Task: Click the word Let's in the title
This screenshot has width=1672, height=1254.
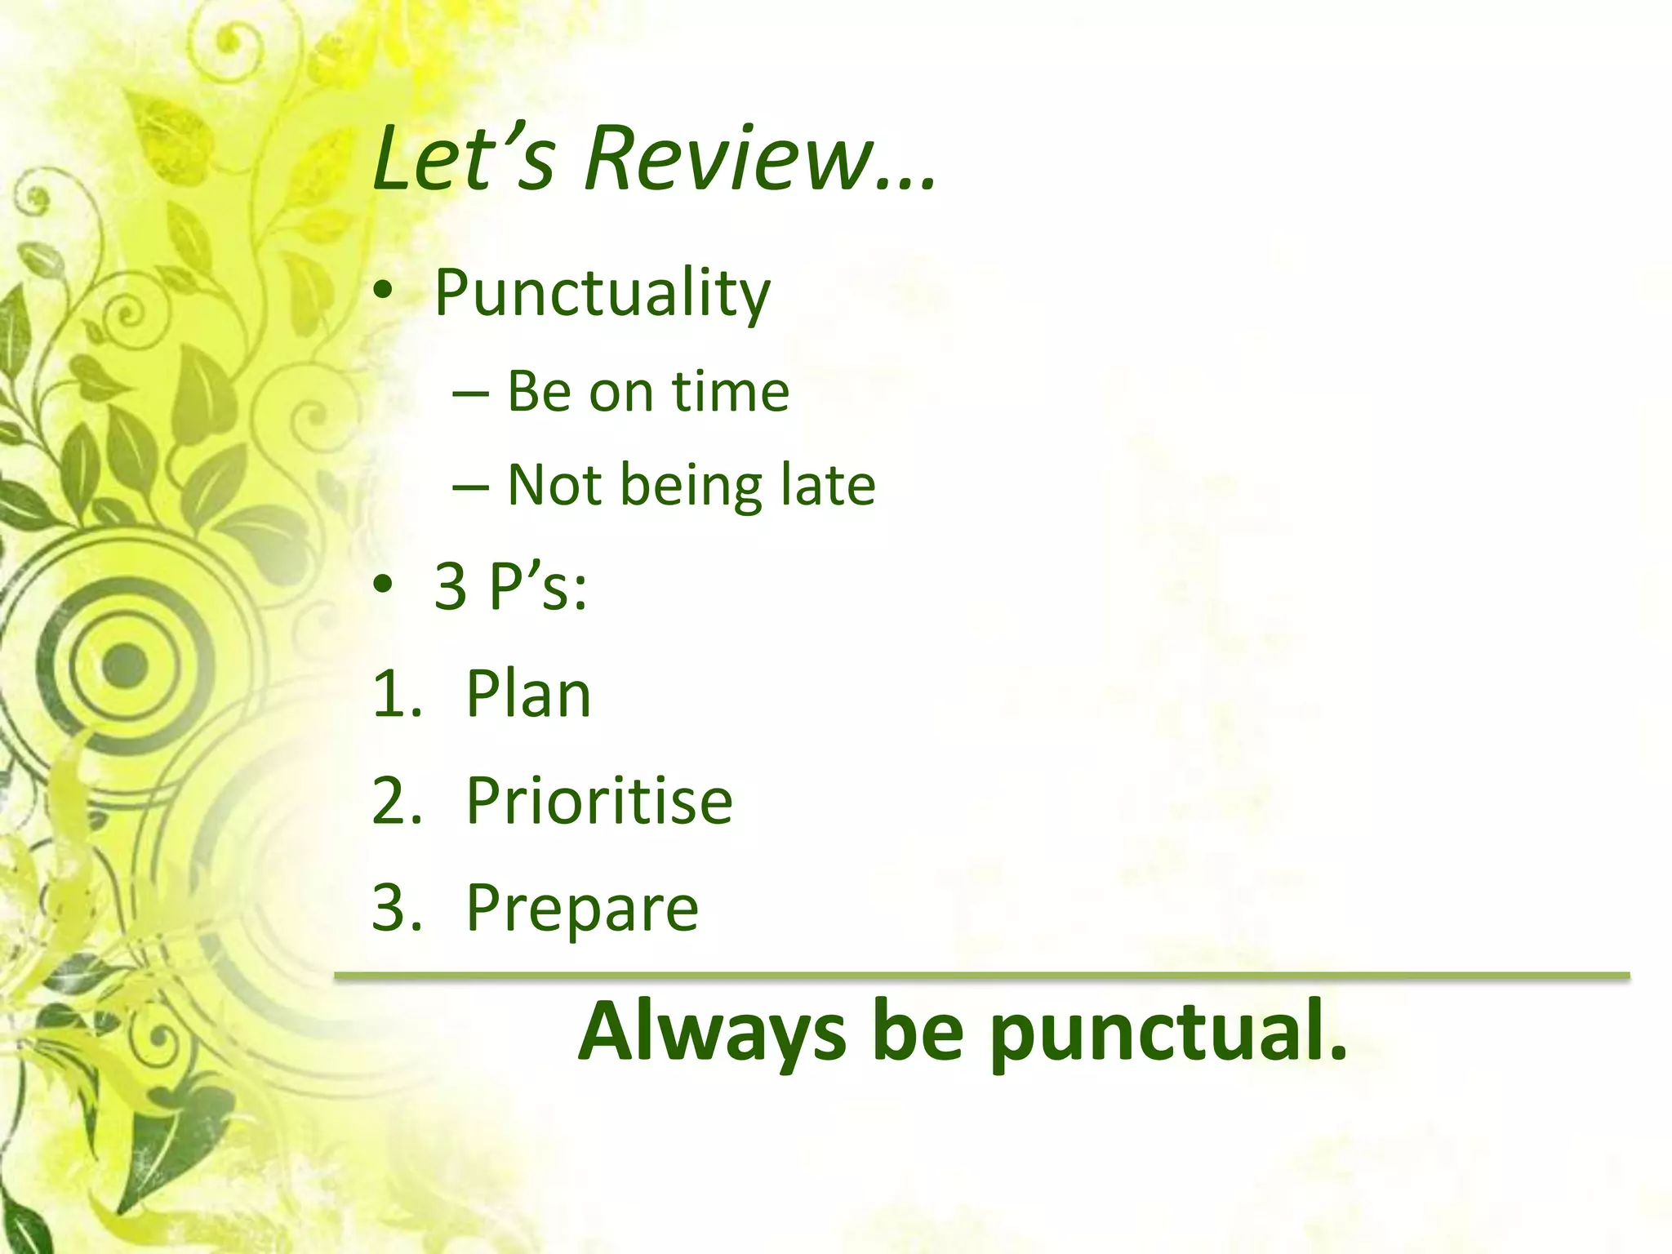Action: tap(462, 158)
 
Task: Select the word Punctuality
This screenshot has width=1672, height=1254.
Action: tap(603, 293)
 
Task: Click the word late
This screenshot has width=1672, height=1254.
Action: tap(828, 485)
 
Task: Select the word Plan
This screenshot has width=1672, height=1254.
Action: tap(528, 695)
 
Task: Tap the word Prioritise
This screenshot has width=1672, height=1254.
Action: tap(599, 801)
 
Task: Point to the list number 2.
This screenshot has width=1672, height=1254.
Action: tap(396, 801)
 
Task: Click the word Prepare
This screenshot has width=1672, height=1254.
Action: tap(582, 909)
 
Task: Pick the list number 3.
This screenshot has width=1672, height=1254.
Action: tap(396, 907)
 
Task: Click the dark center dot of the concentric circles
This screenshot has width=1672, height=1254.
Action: tap(125, 663)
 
